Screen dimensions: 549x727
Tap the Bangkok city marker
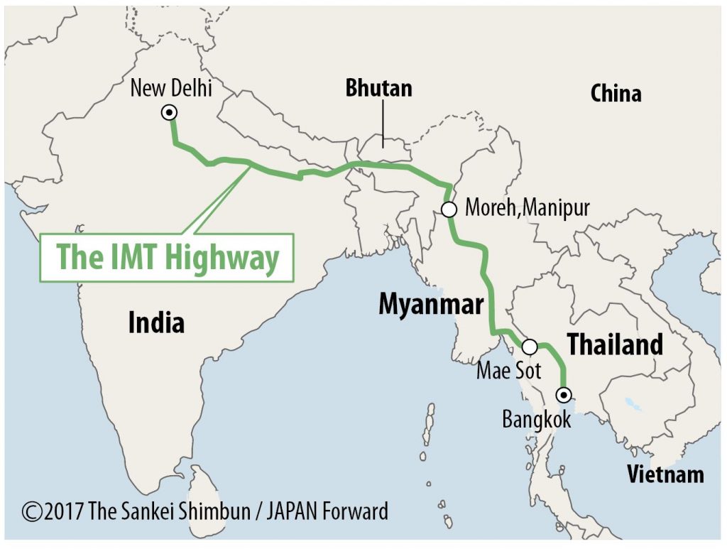tap(563, 393)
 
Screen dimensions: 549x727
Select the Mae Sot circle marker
tap(530, 347)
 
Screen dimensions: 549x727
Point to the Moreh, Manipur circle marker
tap(449, 209)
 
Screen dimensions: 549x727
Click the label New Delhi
tap(171, 88)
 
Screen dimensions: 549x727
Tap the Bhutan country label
tap(378, 88)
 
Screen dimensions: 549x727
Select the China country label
tap(616, 93)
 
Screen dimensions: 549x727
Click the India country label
tap(156, 322)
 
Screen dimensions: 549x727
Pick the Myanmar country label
tap(431, 303)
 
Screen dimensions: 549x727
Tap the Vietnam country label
tap(665, 474)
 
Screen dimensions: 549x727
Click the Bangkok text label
tap(537, 419)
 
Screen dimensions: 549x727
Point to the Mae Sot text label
tap(508, 370)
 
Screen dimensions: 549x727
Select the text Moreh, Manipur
tap(527, 208)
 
